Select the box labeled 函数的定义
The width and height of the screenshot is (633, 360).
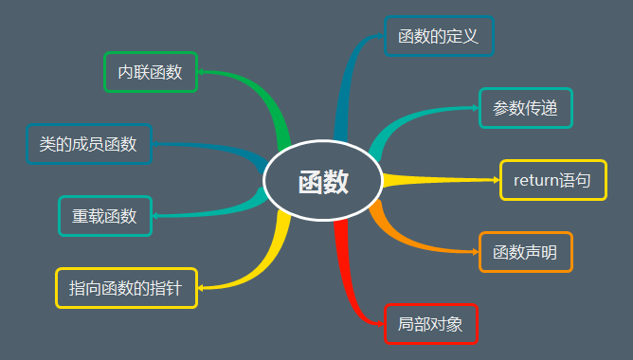pos(439,37)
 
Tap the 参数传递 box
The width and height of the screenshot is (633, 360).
pos(526,108)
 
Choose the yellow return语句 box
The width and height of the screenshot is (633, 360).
pos(552,180)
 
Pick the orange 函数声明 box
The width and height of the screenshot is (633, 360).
pos(526,252)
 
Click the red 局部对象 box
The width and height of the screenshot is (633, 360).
pos(431,324)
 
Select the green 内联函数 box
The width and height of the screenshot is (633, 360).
pos(150,72)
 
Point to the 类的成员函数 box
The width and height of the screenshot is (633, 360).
pos(88,144)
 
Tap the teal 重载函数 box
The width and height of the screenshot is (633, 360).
pos(104,216)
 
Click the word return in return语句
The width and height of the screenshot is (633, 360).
pos(534,180)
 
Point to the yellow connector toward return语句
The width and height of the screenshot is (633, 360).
pos(436,180)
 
